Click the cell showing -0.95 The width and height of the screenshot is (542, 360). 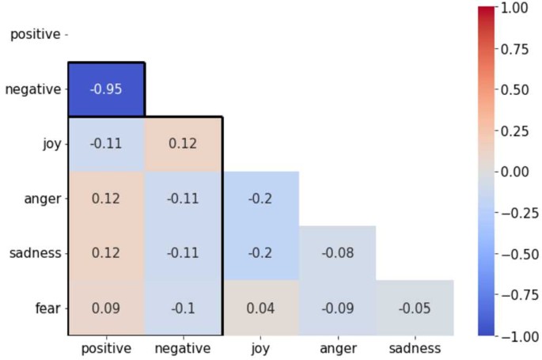(x=106, y=89)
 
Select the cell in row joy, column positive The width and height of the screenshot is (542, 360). (x=106, y=143)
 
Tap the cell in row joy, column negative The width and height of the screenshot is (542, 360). (x=183, y=143)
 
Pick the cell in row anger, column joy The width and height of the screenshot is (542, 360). (x=260, y=199)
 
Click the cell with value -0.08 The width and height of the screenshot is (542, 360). (x=337, y=253)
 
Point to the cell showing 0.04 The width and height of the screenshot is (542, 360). (x=260, y=308)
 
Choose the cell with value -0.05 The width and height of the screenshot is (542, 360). (x=415, y=308)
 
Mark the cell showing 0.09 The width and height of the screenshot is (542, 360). (x=106, y=308)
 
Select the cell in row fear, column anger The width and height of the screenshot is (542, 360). (x=337, y=308)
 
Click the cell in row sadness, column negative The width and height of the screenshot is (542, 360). (x=183, y=253)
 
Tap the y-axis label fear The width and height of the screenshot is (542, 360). (x=47, y=308)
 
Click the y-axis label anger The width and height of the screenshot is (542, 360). (x=43, y=199)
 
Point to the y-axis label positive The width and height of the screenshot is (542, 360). (x=35, y=34)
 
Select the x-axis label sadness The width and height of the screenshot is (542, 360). (x=415, y=348)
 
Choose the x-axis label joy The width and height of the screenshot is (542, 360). (x=260, y=348)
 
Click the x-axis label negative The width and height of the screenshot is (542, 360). (x=183, y=348)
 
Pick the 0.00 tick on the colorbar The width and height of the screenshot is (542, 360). (x=516, y=172)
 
